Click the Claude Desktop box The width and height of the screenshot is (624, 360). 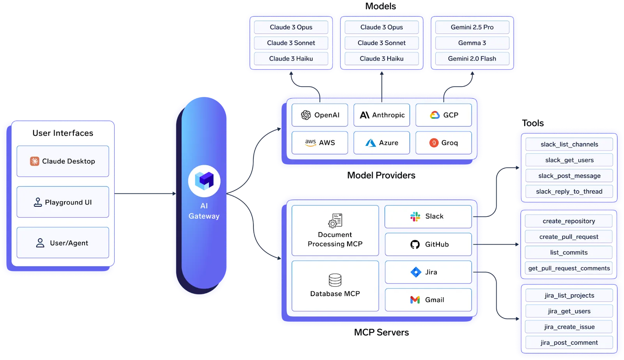[63, 161]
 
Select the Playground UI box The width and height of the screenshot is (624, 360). [63, 202]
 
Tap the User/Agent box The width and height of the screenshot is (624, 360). [63, 243]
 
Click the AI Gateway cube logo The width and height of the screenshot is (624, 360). [204, 181]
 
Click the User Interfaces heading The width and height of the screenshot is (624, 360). [63, 133]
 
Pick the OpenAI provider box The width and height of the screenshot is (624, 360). [320, 115]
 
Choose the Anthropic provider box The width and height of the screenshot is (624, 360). [381, 115]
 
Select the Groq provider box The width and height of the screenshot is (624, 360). [443, 143]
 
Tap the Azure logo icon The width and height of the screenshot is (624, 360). [370, 143]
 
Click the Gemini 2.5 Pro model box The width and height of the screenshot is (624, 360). [472, 27]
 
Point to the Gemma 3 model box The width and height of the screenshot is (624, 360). [472, 43]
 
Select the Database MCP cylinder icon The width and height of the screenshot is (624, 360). [335, 280]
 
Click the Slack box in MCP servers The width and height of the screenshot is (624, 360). [428, 216]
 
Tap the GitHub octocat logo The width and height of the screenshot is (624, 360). [415, 245]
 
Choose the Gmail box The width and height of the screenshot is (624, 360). [428, 300]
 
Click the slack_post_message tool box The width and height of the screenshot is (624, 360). [569, 176]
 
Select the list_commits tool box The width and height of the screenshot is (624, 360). [569, 252]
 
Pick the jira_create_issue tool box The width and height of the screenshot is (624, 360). [569, 327]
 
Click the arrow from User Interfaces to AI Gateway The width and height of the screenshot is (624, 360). [144, 193]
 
